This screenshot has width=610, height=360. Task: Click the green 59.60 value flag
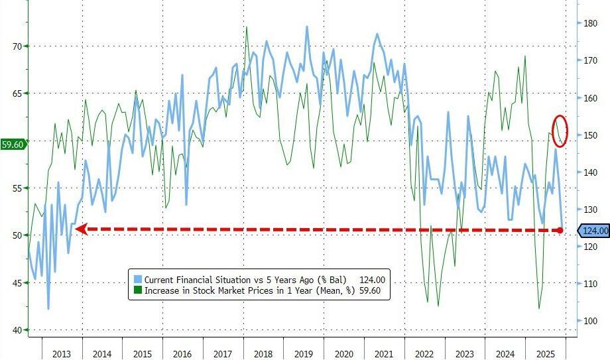(x=13, y=144)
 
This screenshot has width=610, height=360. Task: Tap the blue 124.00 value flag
(x=595, y=231)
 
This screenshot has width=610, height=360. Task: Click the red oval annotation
(x=560, y=130)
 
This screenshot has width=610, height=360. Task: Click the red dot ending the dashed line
(x=560, y=230)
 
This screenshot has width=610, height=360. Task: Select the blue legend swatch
(x=137, y=279)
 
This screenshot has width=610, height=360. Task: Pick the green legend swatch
(x=137, y=290)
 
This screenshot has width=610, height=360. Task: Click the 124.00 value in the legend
(x=372, y=279)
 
